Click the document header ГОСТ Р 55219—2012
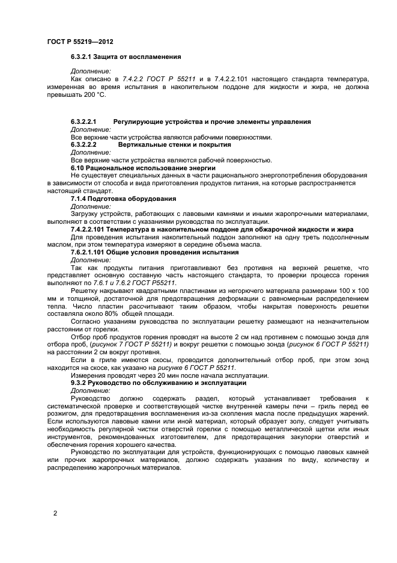pyautogui.click(x=80, y=42)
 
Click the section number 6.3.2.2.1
pyautogui.click(x=84, y=122)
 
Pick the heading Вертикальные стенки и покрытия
pyautogui.click(x=174, y=145)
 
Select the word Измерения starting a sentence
pyautogui.click(x=89, y=375)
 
